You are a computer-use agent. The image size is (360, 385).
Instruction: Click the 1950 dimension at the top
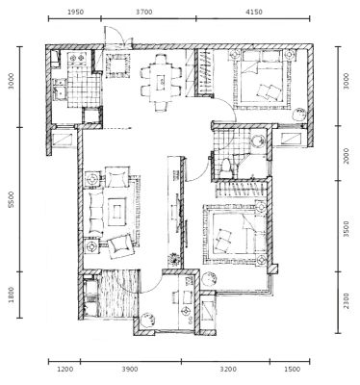tap(76, 13)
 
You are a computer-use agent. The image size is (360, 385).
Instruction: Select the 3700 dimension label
tap(144, 13)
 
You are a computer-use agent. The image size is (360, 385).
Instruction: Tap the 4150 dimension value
tap(254, 13)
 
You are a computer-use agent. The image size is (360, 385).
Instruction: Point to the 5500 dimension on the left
tap(12, 199)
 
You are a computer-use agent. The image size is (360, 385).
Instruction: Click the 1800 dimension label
tap(12, 295)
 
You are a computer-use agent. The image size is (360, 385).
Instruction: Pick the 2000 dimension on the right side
tap(347, 156)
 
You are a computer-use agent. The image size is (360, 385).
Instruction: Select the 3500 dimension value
tap(347, 229)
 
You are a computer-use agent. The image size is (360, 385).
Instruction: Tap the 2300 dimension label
tap(347, 301)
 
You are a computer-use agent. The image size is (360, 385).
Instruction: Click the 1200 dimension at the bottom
tap(65, 370)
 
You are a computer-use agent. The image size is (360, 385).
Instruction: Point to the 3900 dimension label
tap(130, 370)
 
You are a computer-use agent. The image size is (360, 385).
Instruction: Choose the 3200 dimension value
tap(228, 370)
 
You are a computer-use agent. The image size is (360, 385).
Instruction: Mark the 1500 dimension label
tap(293, 370)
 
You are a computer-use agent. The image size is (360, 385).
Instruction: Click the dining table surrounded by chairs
tap(161, 83)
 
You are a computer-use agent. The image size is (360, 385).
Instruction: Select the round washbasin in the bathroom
tap(258, 141)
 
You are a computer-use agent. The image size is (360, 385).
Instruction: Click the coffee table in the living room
tap(117, 212)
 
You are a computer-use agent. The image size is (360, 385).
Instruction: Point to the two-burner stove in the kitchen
tap(77, 58)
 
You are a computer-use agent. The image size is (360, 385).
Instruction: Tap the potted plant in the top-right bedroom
tap(299, 114)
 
